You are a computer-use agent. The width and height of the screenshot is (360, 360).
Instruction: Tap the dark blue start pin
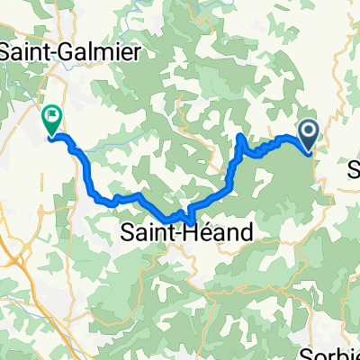308,135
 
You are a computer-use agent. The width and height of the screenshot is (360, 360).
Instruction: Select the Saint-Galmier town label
71,53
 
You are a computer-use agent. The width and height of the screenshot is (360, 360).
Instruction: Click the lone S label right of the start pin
353,168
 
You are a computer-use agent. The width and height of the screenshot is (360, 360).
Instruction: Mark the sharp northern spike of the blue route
239,135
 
